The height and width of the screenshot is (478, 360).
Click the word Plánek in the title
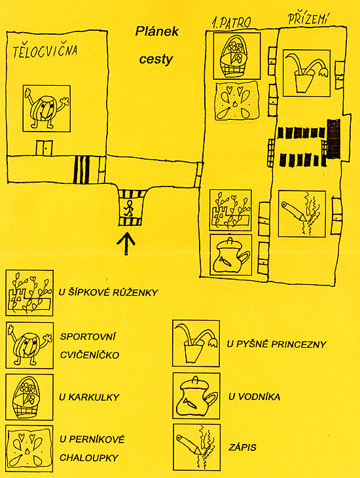pos(156,31)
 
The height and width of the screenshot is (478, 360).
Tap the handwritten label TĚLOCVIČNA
pos(45,51)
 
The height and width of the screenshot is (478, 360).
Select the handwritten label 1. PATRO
pos(231,23)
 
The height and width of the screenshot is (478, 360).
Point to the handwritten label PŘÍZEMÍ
pos(308,19)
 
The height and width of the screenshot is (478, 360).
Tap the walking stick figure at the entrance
pos(129,208)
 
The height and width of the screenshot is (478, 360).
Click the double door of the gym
pos(45,148)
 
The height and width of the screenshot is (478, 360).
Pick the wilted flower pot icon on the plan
pos(307,73)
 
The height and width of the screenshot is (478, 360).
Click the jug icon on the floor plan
pos(231,255)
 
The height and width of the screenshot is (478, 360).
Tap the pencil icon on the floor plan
pos(302,213)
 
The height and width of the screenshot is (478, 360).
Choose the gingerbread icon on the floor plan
pos(236,101)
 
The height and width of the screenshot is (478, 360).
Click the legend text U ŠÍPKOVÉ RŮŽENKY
pos(108,293)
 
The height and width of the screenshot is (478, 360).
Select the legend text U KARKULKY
pos(89,397)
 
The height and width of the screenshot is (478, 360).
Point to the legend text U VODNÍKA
pos(254,397)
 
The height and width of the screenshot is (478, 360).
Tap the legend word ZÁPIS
pos(242,447)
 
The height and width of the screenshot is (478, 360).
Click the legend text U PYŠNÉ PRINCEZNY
pos(276,344)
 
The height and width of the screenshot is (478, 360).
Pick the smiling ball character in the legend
pos(29,345)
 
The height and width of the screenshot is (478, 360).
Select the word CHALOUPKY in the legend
pos(89,458)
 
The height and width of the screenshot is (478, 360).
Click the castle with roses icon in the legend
pos(29,293)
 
